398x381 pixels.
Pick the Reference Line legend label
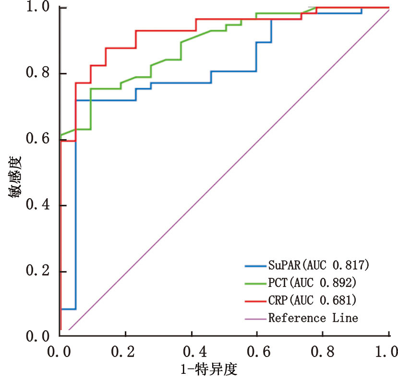coord(313,318)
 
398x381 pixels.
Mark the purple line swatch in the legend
coord(255,318)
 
